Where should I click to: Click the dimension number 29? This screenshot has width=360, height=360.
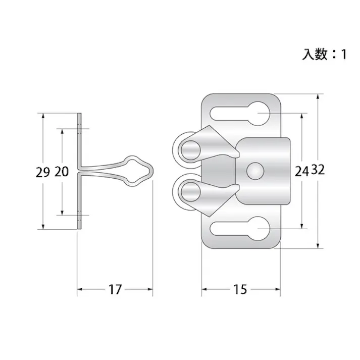pos(43,172)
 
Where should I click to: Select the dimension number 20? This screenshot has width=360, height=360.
pos(62,172)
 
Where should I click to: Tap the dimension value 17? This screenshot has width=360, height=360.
pos(115,289)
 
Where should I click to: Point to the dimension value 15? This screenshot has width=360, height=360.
pos(240,289)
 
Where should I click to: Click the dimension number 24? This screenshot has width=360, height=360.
pos(302,171)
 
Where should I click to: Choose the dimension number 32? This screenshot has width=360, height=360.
pos(318,170)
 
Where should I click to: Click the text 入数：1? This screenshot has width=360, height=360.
pos(324,55)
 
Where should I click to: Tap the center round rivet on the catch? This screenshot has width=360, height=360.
pos(255,171)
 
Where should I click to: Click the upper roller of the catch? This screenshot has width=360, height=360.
pos(190,150)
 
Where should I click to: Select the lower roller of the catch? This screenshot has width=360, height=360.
pos(190,192)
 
